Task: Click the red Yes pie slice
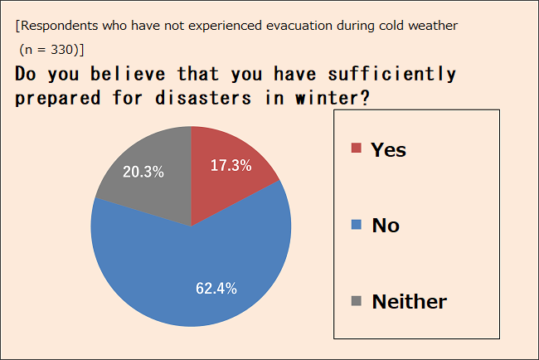pyautogui.click(x=227, y=179)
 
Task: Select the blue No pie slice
pyautogui.click(x=192, y=268)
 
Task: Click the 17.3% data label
pyautogui.click(x=231, y=165)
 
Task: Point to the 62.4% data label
pyautogui.click(x=216, y=289)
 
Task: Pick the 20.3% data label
pyautogui.click(x=143, y=172)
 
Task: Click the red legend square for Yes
pyautogui.click(x=356, y=148)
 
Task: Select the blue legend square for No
pyautogui.click(x=356, y=225)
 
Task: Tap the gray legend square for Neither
pyautogui.click(x=356, y=301)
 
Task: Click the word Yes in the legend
pyautogui.click(x=388, y=150)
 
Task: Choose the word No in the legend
pyautogui.click(x=386, y=226)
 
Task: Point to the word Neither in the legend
pyautogui.click(x=410, y=302)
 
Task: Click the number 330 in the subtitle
pyautogui.click(x=62, y=50)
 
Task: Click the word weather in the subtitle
pyautogui.click(x=433, y=26)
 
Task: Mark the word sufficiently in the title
pyautogui.click(x=392, y=75)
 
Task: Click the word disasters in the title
pyautogui.click(x=203, y=98)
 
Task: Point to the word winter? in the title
pyautogui.click(x=333, y=98)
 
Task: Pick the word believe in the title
pyautogui.click(x=128, y=74)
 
